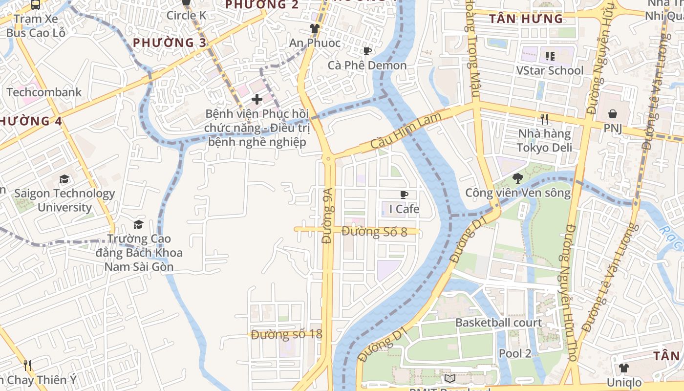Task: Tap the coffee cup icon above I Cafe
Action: (x=404, y=195)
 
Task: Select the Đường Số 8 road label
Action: (x=374, y=232)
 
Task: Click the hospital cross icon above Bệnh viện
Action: (x=257, y=100)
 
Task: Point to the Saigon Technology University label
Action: (x=64, y=200)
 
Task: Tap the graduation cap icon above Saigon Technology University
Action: (x=64, y=179)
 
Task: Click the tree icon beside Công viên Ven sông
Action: (x=518, y=178)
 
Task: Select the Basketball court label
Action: (x=498, y=323)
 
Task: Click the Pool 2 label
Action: (x=515, y=353)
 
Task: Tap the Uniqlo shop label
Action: (x=624, y=382)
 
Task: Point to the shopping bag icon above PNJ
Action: (x=613, y=114)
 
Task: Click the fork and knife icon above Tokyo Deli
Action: (x=544, y=119)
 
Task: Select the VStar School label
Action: (x=550, y=70)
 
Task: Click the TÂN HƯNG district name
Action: (x=526, y=19)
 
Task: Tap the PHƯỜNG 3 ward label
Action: (x=170, y=43)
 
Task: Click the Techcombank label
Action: (x=44, y=92)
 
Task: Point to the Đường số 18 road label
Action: (x=287, y=334)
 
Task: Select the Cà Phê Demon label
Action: (x=367, y=65)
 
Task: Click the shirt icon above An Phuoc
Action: (x=315, y=28)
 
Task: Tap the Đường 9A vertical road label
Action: (x=327, y=216)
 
